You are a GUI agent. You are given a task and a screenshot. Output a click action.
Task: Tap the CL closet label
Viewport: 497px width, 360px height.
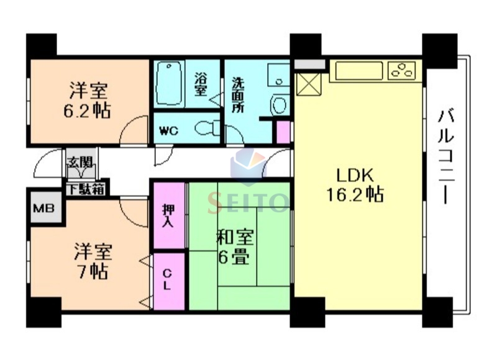(168, 280)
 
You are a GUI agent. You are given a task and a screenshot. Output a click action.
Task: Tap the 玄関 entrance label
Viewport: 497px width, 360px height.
(81, 164)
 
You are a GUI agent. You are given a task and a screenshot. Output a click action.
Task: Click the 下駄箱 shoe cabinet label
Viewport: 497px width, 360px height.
(86, 189)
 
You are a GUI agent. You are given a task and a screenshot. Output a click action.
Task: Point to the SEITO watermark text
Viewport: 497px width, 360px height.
(248, 200)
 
